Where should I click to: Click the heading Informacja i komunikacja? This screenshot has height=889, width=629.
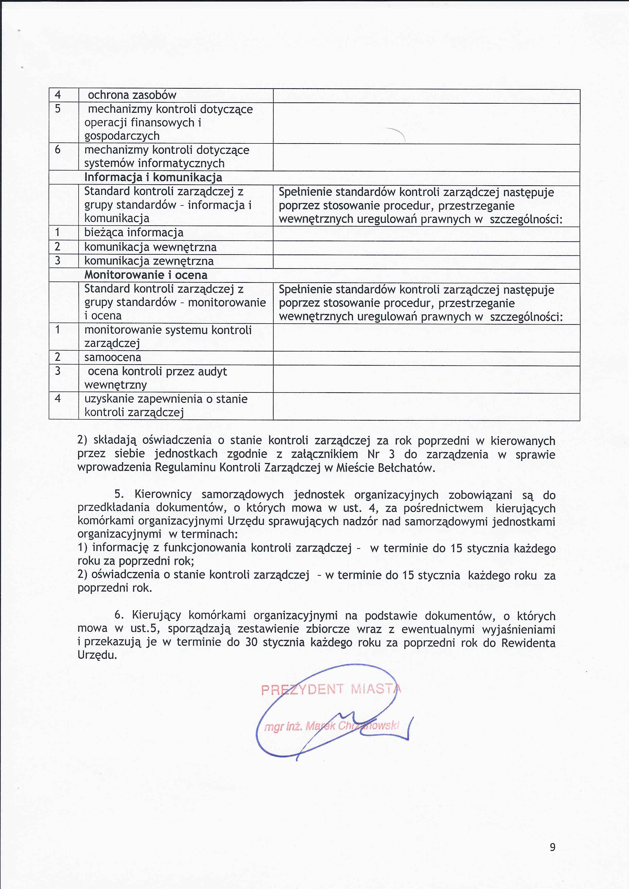[x=153, y=177]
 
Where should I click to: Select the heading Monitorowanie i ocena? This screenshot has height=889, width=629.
[x=146, y=275]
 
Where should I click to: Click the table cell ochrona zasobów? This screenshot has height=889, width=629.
[x=132, y=95]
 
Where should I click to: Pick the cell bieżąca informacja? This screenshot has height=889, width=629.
[x=134, y=232]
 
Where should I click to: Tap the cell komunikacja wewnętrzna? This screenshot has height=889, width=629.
[x=150, y=247]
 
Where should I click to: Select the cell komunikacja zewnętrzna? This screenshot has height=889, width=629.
[x=149, y=261]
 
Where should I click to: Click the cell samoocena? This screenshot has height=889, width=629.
[x=113, y=357]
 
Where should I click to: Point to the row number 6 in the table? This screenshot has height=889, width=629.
[x=58, y=150]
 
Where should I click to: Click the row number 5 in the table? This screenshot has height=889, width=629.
[x=58, y=109]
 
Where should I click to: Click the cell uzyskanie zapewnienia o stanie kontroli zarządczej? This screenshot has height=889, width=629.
[x=166, y=405]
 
